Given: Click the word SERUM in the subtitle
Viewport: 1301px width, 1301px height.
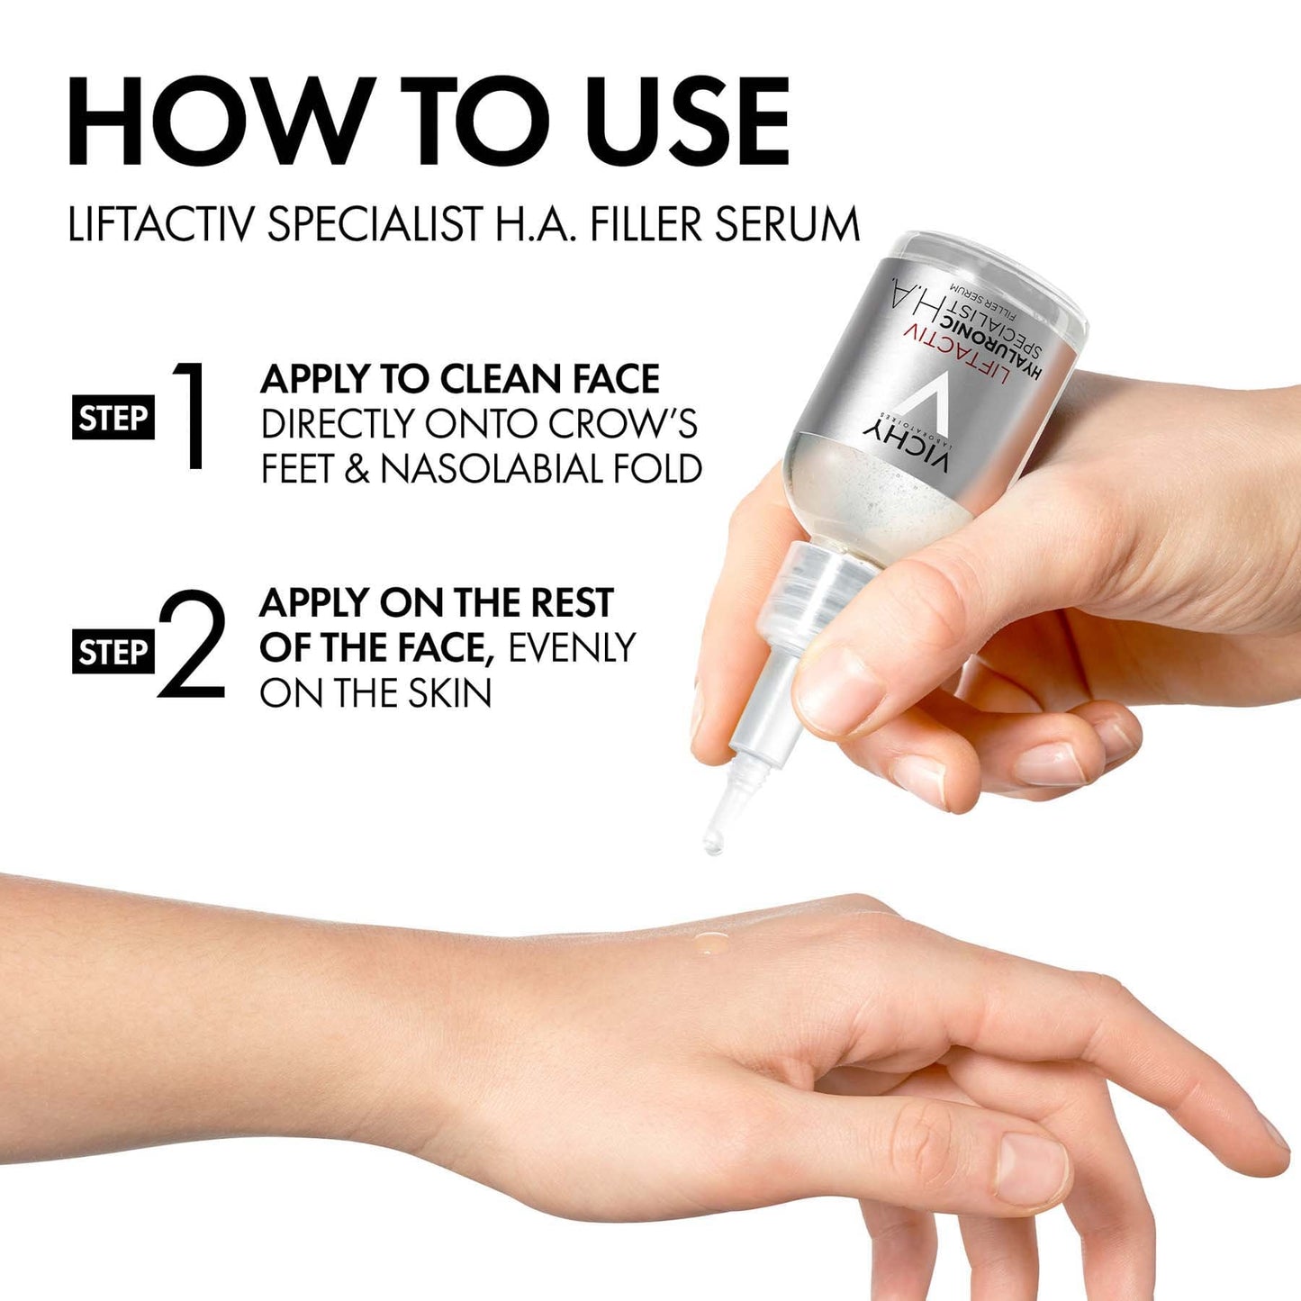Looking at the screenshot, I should (x=788, y=224).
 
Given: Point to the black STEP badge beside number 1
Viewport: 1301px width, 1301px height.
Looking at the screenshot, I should (x=113, y=419).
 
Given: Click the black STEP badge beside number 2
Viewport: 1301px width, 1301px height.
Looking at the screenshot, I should (x=113, y=652).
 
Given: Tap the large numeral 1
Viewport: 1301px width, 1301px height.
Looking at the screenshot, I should (x=190, y=415).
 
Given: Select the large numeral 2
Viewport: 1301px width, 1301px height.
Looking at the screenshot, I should (x=191, y=645).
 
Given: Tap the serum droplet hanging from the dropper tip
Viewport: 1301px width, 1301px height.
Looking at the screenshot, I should (x=713, y=845).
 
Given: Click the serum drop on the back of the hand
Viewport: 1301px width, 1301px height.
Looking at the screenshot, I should (x=710, y=942).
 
